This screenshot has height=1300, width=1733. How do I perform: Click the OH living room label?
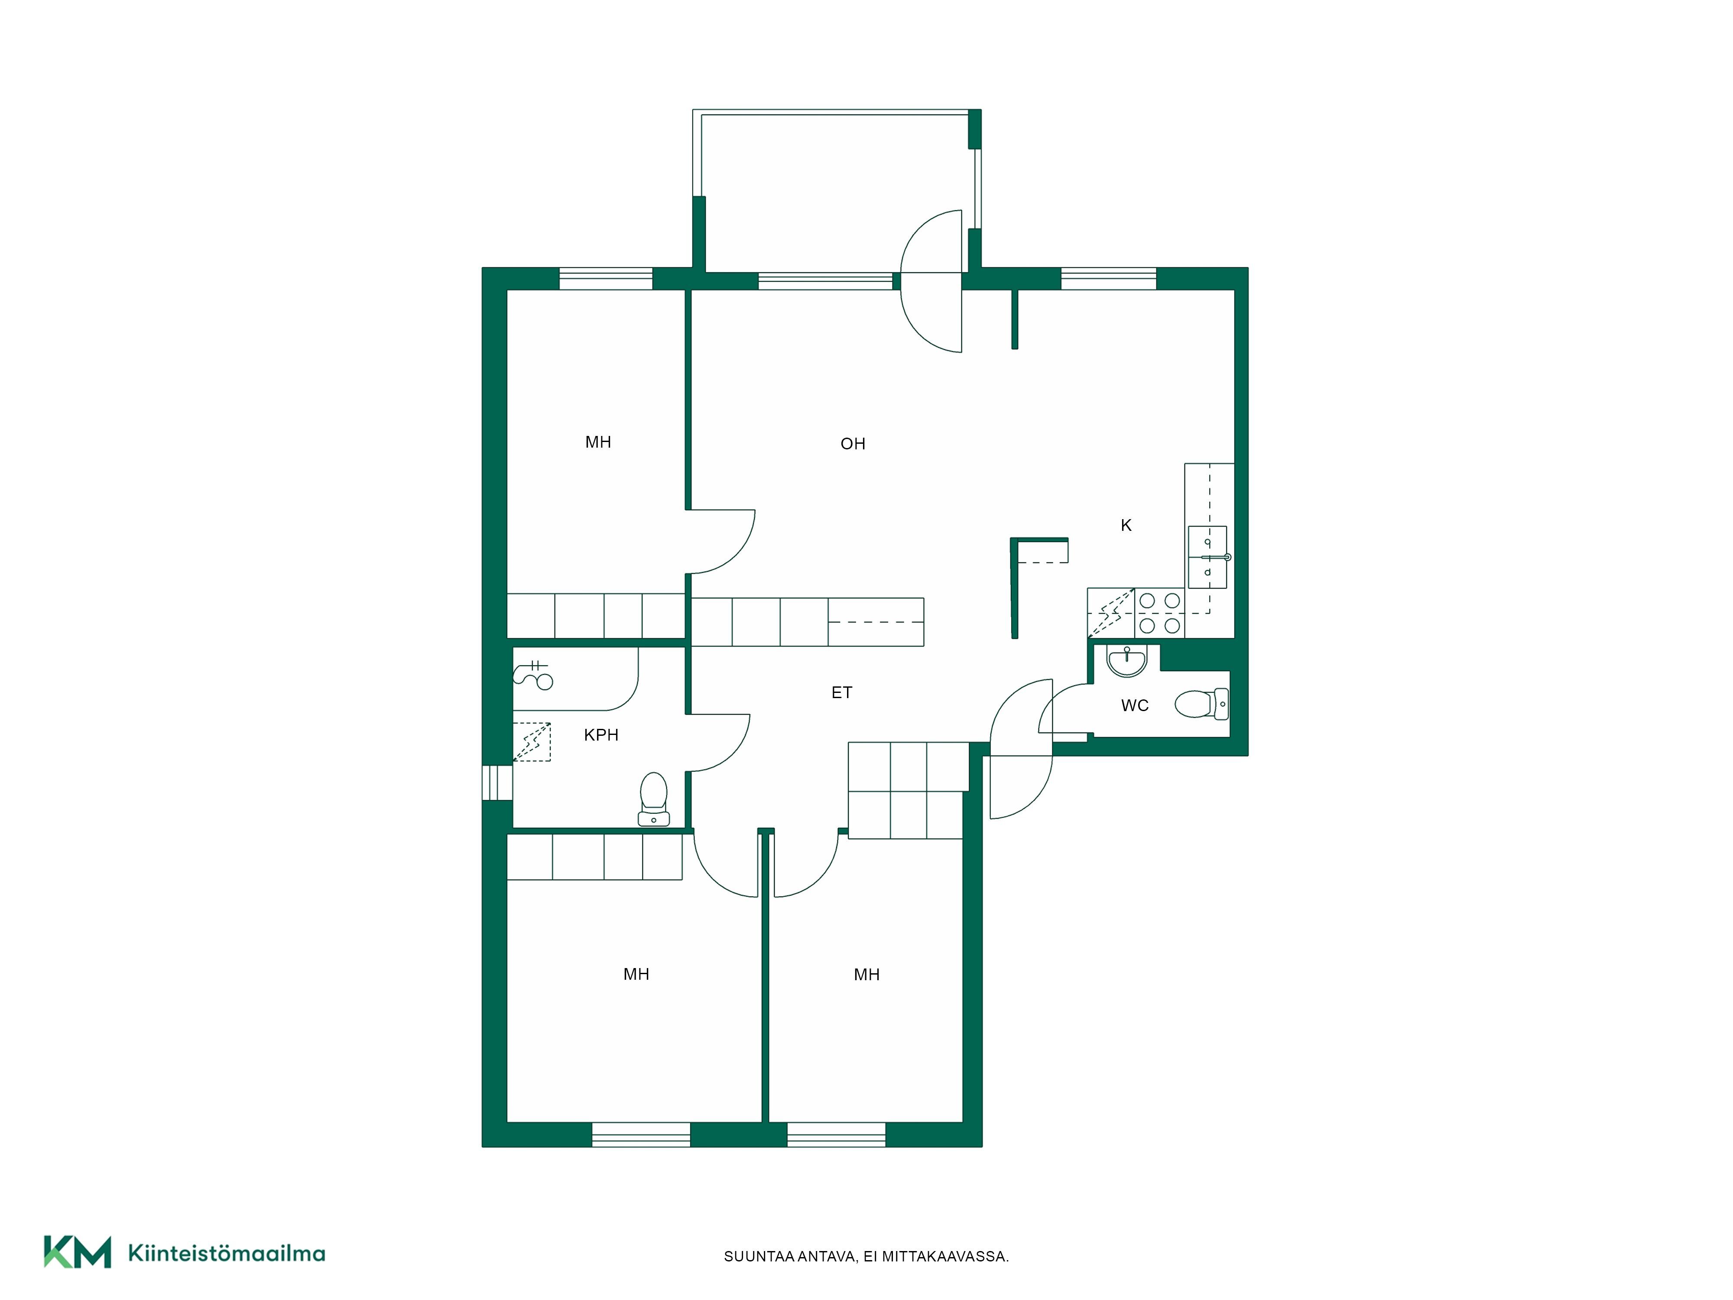tap(852, 444)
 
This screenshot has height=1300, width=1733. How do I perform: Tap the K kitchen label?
tap(1126, 525)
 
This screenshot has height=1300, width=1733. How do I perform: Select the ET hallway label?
tap(841, 692)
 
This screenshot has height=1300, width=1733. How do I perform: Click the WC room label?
tap(1134, 705)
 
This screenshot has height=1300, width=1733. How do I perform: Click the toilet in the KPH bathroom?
tap(653, 799)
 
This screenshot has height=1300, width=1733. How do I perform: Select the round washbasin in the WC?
tap(1126, 660)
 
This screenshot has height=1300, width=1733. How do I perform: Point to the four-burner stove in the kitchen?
tap(1159, 613)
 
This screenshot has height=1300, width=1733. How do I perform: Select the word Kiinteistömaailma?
tap(227, 1253)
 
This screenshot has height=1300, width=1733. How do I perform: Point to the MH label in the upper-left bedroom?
tap(598, 442)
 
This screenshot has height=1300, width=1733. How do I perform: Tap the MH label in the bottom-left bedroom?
tap(636, 974)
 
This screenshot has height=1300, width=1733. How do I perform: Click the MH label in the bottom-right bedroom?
tap(866, 975)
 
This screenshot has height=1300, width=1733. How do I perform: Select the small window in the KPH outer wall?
tap(497, 783)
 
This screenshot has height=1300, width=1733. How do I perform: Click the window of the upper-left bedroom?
tap(606, 279)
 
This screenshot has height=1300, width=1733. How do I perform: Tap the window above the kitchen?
tap(1109, 279)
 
